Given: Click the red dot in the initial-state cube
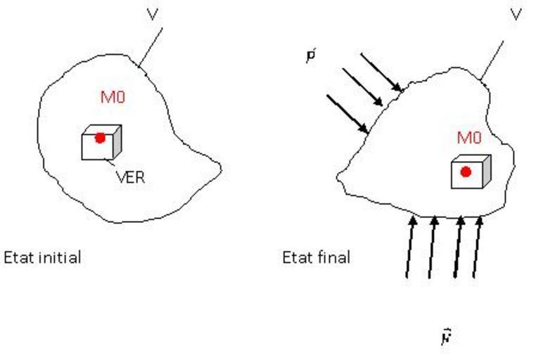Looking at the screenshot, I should point(100,138).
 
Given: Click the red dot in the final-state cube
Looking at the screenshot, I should point(466,172).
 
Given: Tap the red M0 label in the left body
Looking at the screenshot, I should point(113,98).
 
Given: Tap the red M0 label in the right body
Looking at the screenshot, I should point(469,139).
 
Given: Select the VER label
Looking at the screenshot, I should point(130,177).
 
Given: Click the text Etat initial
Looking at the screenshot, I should point(43,257).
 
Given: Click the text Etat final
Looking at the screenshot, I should point(316,257).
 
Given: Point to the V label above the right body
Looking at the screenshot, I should point(516,14).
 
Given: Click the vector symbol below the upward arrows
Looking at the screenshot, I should point(445,337).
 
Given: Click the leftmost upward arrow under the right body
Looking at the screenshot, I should point(410,246).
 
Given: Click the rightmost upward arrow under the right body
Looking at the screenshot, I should point(478,246).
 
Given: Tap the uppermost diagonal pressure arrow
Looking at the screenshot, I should point(381,72).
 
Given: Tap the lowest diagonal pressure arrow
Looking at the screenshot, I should point(347,113).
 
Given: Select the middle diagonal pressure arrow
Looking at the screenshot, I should point(364,88).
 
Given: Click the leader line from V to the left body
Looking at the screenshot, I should point(151,47).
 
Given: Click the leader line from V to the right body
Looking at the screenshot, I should point(492,60).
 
